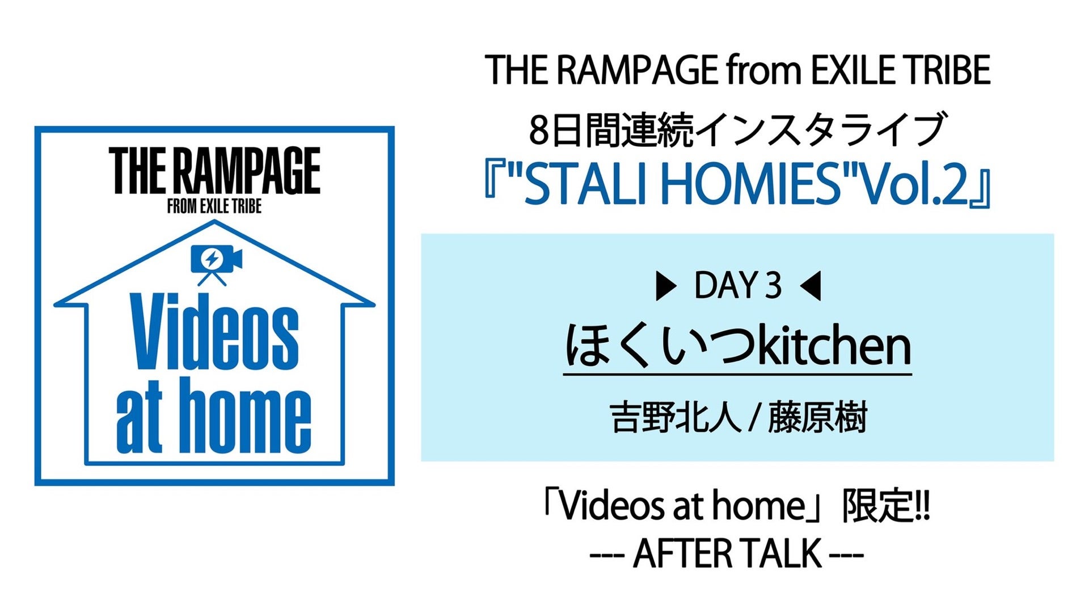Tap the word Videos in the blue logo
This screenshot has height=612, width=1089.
coord(216,332)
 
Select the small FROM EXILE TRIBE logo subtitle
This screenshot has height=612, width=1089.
coord(214,206)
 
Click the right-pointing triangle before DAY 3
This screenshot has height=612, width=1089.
coord(665,286)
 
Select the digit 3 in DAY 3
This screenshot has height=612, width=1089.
coord(773,286)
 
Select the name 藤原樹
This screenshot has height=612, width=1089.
coord(817,418)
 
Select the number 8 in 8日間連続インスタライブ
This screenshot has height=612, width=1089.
coord(539,130)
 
